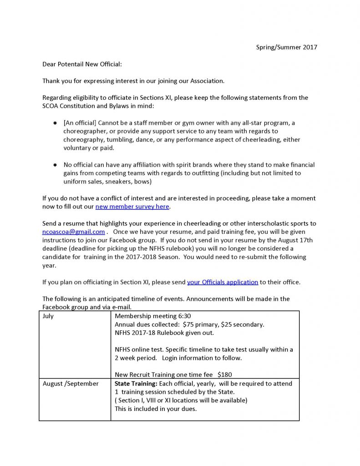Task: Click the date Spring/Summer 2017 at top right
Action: (x=286, y=47)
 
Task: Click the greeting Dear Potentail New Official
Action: (x=82, y=64)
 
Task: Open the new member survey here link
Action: (x=132, y=206)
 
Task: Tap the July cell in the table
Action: (x=48, y=316)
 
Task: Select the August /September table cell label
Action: (x=71, y=384)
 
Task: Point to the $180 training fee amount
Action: (x=224, y=375)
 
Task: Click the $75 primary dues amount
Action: (x=200, y=324)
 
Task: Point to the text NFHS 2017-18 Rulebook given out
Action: (x=164, y=333)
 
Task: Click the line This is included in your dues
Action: (x=156, y=409)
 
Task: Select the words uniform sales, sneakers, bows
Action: (x=109, y=182)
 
